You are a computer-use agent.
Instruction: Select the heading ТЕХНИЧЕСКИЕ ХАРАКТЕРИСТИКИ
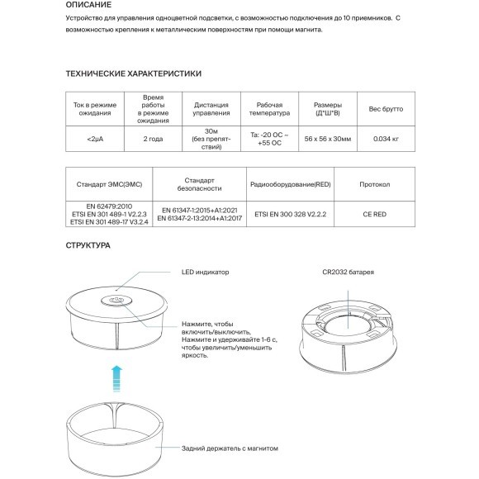133,74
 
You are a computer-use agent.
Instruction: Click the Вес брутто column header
386,109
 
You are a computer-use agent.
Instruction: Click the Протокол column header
375,184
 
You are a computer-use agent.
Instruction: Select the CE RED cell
375,213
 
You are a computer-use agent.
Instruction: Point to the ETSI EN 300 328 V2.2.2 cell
290,213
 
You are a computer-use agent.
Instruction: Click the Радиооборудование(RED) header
290,184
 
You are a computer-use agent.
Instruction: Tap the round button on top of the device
116,301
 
